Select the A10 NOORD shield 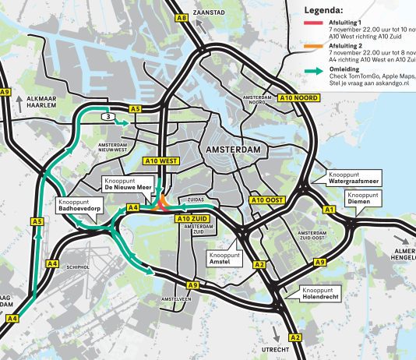point(296,97)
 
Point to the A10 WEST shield point(161,161)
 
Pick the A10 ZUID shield point(190,219)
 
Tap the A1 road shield point(328,210)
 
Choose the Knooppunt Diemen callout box point(363,198)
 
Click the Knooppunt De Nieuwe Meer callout point(127,185)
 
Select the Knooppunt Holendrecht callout point(326,294)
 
